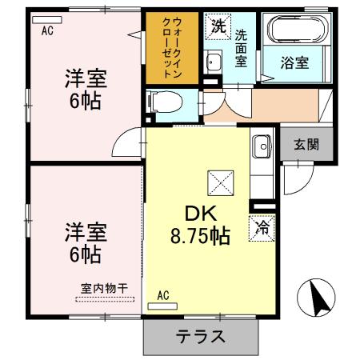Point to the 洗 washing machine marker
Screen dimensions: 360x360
pyautogui.click(x=218, y=26)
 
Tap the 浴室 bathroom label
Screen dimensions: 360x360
pyautogui.click(x=296, y=61)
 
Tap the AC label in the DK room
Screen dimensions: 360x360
pyautogui.click(x=163, y=295)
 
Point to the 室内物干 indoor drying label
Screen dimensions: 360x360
pyautogui.click(x=105, y=289)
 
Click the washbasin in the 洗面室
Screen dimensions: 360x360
pyautogui.click(x=213, y=62)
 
